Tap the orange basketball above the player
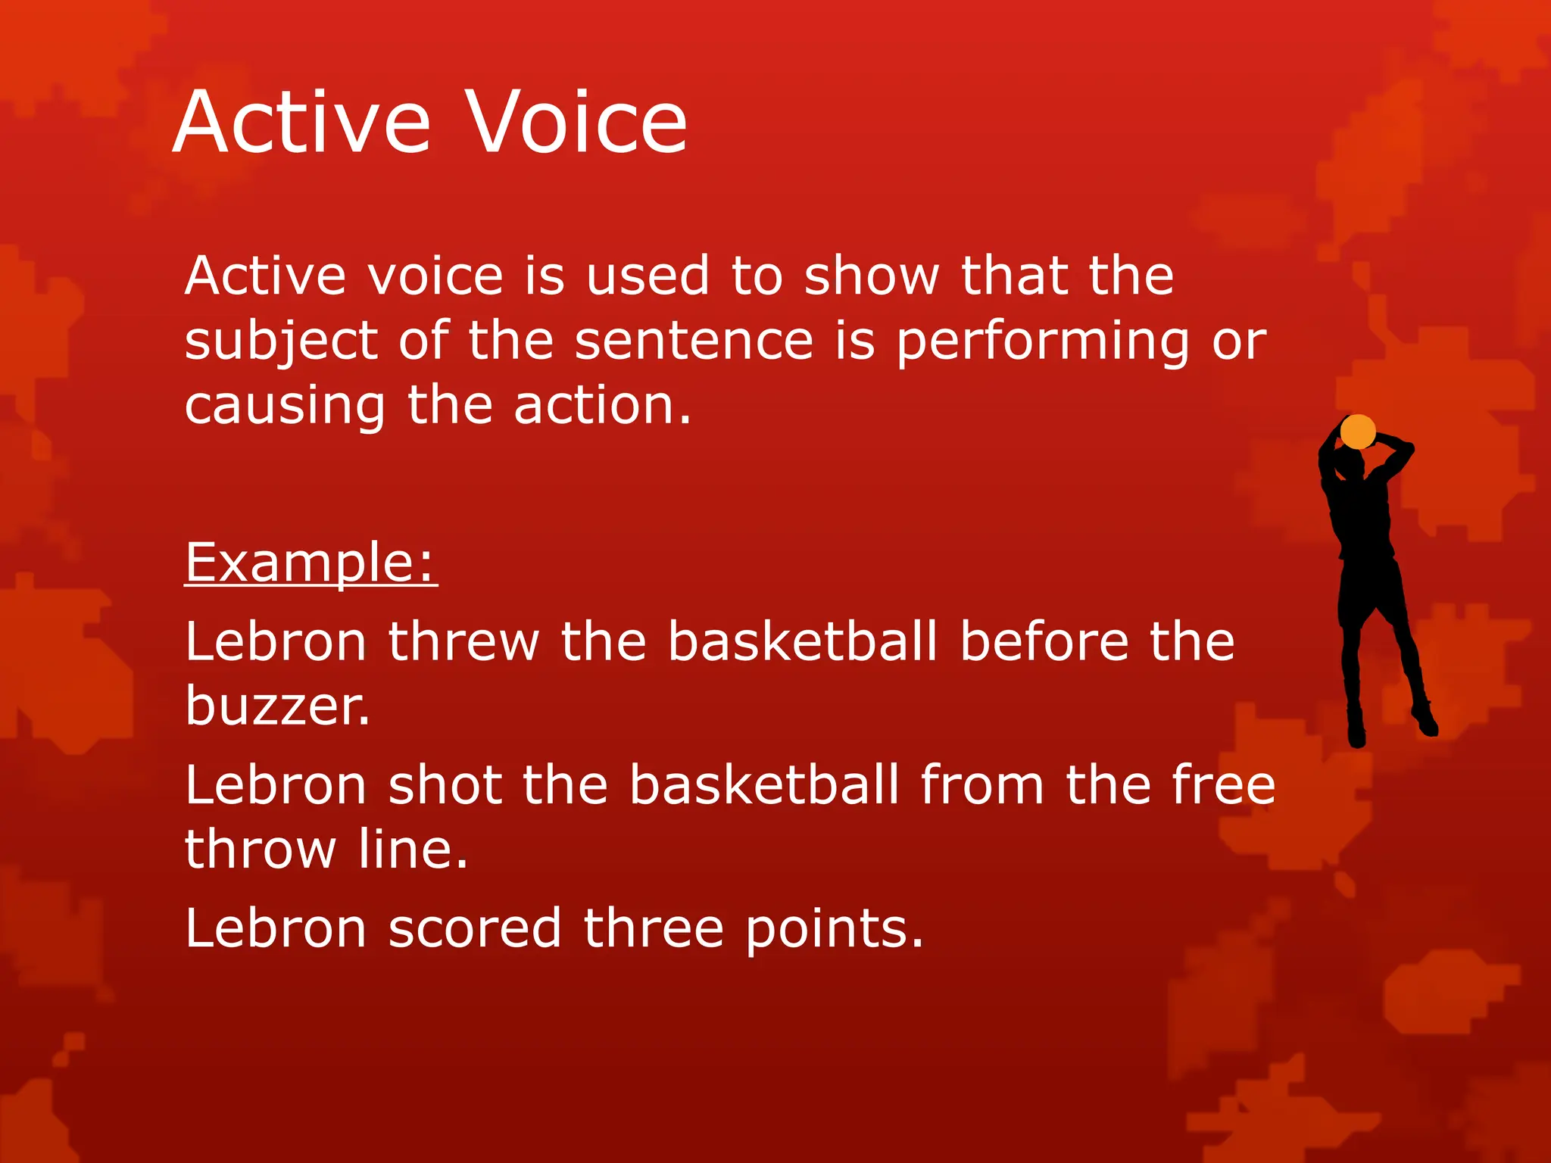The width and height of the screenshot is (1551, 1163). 1357,432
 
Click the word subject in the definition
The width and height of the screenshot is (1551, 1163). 281,341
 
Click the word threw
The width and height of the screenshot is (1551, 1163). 463,642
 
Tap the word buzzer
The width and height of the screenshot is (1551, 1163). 278,706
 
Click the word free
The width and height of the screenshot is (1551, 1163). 1223,785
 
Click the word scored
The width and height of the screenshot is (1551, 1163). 474,928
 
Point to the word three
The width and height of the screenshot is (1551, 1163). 654,928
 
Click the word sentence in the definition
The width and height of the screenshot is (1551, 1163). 694,341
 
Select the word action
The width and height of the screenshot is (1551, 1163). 603,407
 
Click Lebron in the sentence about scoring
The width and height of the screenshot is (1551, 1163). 276,928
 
